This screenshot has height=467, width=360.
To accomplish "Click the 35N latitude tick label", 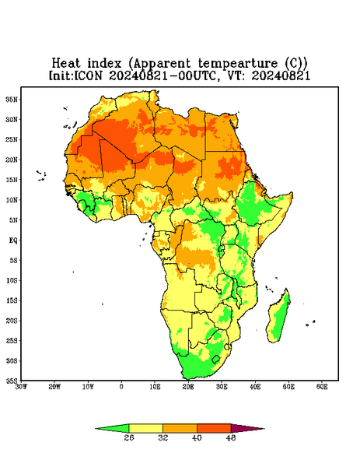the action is [12, 100].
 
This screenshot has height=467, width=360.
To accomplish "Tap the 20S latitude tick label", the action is [12, 321].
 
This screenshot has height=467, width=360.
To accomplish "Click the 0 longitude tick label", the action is [121, 387].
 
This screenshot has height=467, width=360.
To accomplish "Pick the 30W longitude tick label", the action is [22, 387].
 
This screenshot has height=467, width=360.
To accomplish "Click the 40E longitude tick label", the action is [255, 387].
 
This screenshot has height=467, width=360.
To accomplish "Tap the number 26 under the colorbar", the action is [129, 437].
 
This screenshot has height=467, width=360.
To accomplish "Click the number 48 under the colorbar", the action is [231, 437].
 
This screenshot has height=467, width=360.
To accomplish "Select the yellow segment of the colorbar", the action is [145, 428].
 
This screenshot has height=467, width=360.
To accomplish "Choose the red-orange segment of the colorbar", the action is [214, 428].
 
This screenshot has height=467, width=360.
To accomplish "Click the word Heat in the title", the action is [66, 64].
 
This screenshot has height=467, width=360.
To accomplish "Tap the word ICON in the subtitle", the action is [89, 75].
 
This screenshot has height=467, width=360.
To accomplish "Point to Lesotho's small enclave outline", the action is [216, 359].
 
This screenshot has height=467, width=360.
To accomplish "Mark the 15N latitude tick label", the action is [12, 180].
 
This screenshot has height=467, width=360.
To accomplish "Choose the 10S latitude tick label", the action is [12, 280].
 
